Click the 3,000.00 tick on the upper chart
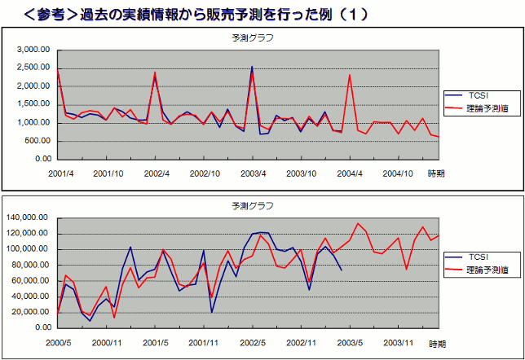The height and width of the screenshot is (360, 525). [x=34, y=50]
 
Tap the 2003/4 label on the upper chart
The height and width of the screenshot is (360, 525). [x=254, y=173]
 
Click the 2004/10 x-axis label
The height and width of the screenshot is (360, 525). [x=399, y=173]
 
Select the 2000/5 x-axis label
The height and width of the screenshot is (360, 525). [x=59, y=344]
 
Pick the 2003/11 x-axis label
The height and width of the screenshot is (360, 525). [x=399, y=344]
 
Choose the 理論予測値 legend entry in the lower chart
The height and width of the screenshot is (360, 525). [x=487, y=270]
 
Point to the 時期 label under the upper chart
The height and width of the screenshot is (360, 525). [x=437, y=173]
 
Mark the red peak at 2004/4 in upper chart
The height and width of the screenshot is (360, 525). [x=350, y=75]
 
